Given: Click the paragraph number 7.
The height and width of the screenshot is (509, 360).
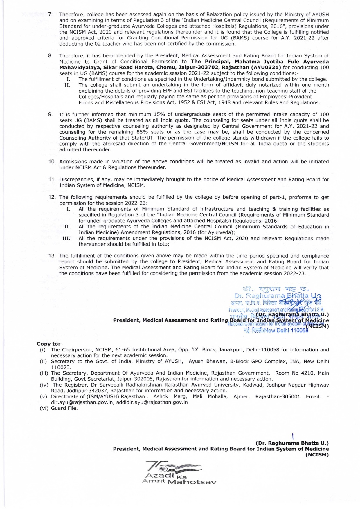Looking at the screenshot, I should click(50, 15).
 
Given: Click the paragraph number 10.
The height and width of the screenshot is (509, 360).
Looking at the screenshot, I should click(52, 162).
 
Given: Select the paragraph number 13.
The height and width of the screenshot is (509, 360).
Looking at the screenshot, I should click(52, 256).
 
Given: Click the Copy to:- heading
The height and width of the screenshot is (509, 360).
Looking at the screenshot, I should click(49, 344).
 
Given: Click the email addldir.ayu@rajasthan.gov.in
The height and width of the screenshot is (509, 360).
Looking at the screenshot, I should click(152, 402).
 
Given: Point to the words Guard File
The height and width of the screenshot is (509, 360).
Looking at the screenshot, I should click(64, 408).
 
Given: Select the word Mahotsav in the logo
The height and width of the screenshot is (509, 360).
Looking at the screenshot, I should click(192, 482).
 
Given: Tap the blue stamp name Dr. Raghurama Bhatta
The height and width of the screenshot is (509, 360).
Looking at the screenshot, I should click(271, 296).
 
